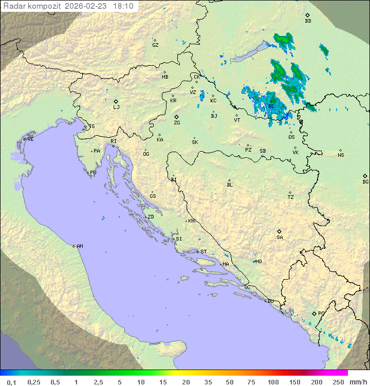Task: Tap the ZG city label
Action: coord(177,123)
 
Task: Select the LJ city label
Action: coord(116,107)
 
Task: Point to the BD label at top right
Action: coord(308,21)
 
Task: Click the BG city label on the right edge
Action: coord(365,181)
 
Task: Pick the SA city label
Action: coord(280,237)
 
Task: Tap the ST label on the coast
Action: coord(203,252)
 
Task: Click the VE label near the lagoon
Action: coord(30,139)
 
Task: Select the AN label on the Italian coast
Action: coord(80,246)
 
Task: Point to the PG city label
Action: coord(321,314)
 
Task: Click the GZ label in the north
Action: coord(155,45)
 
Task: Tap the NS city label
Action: coord(341,155)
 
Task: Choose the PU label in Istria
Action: coord(93,173)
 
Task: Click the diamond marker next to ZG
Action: coord(176,117)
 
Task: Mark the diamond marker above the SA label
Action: coord(280,231)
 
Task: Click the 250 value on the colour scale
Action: coord(338,382)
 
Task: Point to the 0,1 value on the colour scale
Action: coord(11,382)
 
